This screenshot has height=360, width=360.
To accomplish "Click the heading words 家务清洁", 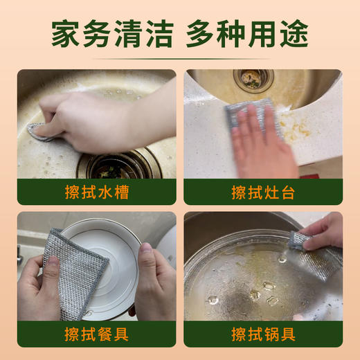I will pyautogui.click(x=111, y=33).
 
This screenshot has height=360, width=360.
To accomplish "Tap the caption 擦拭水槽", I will pyautogui.click(x=96, y=192).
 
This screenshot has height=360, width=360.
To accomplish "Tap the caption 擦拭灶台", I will pyautogui.click(x=263, y=192).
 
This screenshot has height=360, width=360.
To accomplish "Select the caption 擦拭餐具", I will pyautogui.click(x=96, y=334).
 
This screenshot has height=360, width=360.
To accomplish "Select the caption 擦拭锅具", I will pyautogui.click(x=263, y=334).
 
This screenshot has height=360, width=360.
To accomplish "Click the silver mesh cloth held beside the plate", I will pyautogui.click(x=73, y=267).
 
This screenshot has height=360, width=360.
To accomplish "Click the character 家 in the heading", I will pyautogui.click(x=67, y=33).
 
